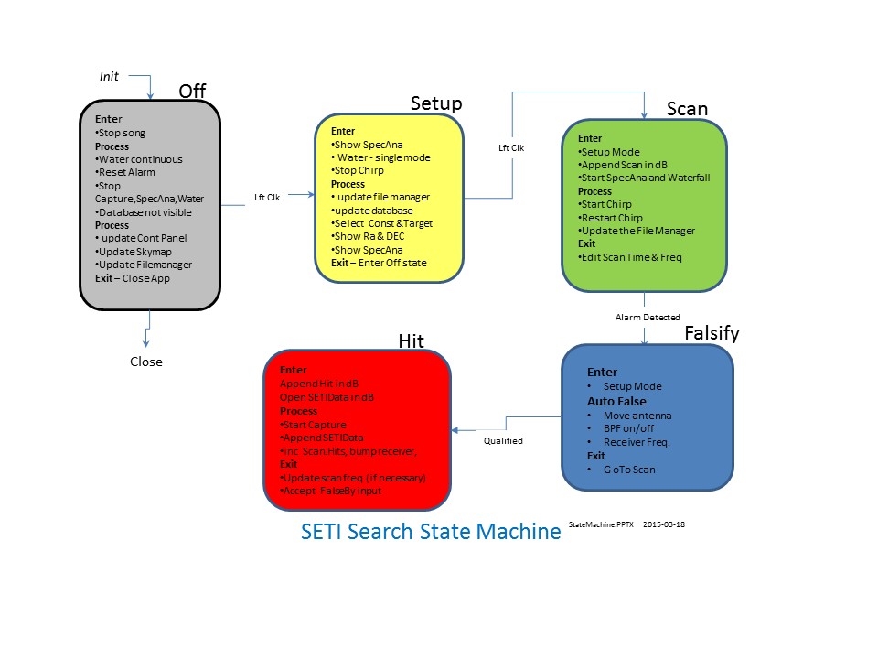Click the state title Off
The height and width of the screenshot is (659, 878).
click(192, 91)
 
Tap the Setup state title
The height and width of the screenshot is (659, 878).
click(436, 103)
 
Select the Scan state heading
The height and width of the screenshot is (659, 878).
click(687, 109)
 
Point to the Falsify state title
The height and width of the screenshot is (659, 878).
click(712, 334)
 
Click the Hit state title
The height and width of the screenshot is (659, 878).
click(411, 340)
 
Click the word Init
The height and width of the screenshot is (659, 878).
click(109, 76)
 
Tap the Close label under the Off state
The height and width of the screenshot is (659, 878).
click(146, 362)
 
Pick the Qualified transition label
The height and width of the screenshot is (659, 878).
click(503, 440)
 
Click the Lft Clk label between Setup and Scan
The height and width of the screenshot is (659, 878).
click(511, 146)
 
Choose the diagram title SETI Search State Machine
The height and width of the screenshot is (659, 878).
click(431, 532)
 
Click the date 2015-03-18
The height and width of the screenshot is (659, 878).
click(664, 525)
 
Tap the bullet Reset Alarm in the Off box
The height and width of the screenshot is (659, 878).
click(127, 172)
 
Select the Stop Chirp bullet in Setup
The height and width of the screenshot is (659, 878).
click(358, 170)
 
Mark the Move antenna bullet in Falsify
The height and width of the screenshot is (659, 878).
click(637, 416)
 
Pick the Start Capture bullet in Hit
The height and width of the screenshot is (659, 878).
click(313, 425)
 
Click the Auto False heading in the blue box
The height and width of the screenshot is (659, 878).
click(616, 401)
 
